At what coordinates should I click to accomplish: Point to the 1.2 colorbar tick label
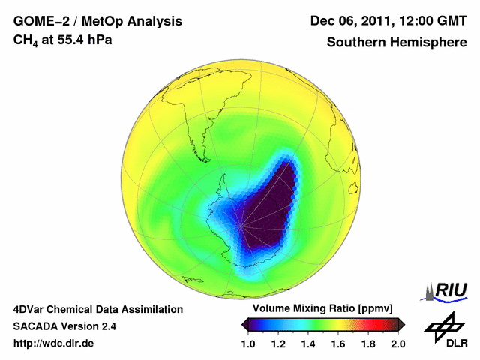[278, 343]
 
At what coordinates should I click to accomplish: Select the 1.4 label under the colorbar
[308, 343]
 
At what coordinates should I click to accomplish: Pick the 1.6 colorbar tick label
[338, 343]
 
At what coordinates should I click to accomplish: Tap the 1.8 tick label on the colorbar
[368, 343]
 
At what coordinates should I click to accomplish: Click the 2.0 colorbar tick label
[397, 343]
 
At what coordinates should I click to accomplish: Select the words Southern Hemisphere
[397, 43]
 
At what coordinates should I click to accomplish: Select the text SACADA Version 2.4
[64, 326]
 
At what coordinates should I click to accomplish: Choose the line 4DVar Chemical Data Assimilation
[97, 309]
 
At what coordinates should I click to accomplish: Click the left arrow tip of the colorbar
[244, 323]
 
